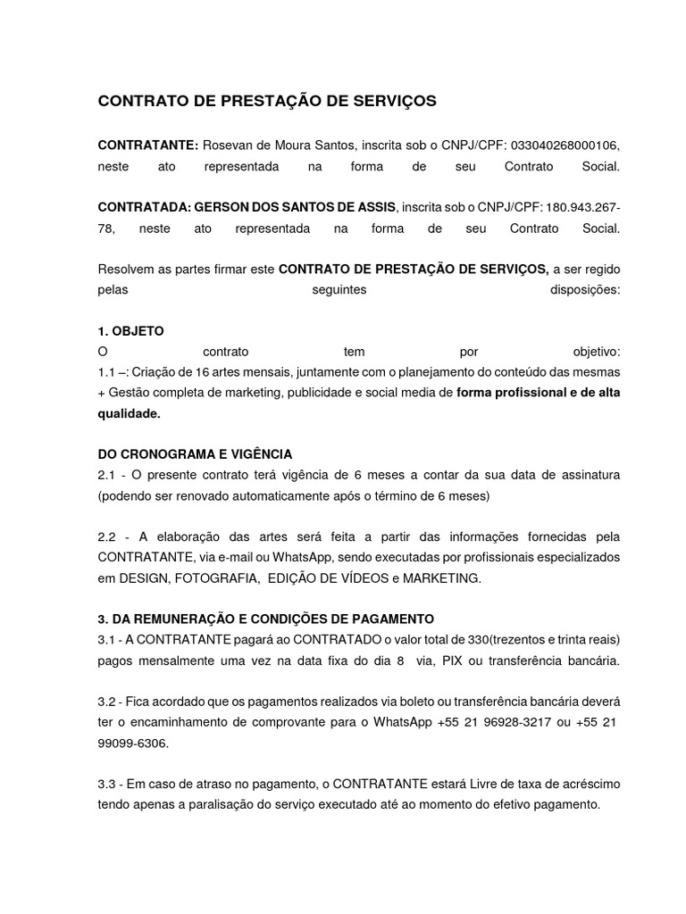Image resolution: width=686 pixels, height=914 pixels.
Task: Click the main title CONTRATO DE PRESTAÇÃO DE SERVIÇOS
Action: pyautogui.click(x=267, y=102)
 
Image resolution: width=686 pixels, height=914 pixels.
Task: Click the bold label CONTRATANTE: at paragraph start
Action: pyautogui.click(x=147, y=145)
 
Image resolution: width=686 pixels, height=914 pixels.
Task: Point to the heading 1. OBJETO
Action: pyautogui.click(x=130, y=330)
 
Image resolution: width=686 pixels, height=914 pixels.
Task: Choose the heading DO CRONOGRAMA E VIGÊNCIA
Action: pyautogui.click(x=195, y=453)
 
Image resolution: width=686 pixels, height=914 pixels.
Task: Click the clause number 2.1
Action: pyautogui.click(x=108, y=473)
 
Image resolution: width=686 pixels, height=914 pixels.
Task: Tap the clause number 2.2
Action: pyautogui.click(x=108, y=536)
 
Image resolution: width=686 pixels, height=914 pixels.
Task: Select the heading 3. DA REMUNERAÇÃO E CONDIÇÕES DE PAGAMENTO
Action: pyautogui.click(x=265, y=619)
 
